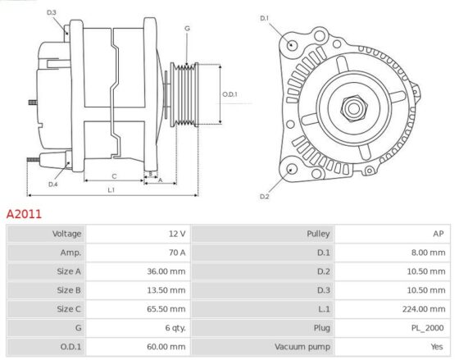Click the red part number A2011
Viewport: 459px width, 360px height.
24,214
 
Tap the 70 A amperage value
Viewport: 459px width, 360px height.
177,253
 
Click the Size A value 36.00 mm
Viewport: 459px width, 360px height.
166,271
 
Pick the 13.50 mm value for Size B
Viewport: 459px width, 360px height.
166,290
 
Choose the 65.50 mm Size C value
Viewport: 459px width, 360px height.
166,309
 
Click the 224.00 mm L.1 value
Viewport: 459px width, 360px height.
424,309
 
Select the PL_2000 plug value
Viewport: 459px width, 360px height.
427,328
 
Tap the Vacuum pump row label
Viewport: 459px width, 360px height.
302,347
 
